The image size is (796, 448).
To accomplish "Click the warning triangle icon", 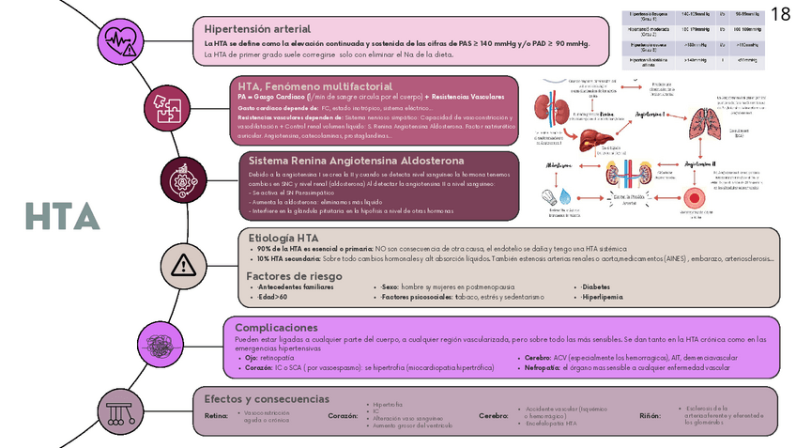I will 184,266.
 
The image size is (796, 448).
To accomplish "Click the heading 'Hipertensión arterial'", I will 253,28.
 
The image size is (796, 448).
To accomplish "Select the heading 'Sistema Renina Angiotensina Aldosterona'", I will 356,161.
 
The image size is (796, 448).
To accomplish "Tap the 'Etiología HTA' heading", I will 282,238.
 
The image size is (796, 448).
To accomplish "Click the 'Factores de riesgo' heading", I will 294,276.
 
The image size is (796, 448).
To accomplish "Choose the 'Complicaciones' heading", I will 283,327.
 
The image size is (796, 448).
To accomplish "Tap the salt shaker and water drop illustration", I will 559,198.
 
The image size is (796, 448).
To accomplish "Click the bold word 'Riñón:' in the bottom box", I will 650,415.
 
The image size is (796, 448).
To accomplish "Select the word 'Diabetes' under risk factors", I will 597,286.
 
